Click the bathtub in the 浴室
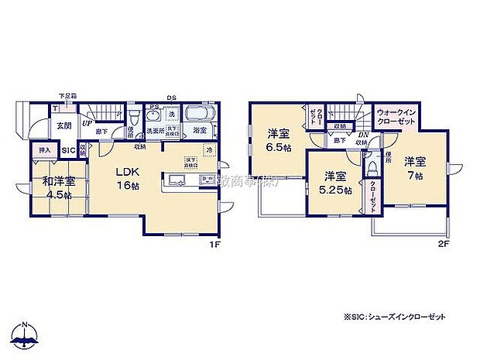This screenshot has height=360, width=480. pyautogui.click(x=197, y=115)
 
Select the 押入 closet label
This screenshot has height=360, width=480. pyautogui.click(x=43, y=149)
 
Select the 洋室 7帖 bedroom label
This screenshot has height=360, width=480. pyautogui.click(x=415, y=168)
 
